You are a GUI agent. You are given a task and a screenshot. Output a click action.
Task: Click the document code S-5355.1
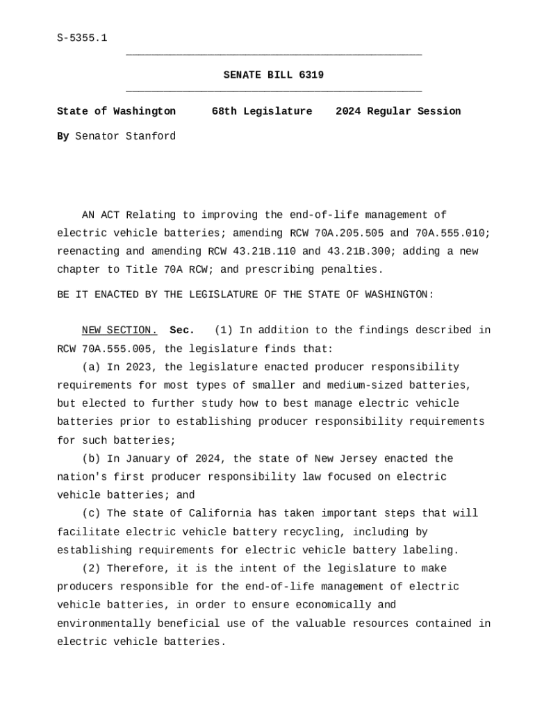82,38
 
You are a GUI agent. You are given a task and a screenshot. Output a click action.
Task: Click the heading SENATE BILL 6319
273,75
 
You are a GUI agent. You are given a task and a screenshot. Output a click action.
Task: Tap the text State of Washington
116,111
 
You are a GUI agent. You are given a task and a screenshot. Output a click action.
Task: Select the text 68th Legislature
262,111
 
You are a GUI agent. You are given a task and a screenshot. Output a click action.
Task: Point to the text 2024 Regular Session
398,111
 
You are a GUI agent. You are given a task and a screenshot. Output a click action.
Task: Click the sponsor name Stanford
151,136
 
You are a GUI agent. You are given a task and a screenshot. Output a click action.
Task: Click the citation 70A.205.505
349,233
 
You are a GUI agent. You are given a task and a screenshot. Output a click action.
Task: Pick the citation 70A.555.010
453,233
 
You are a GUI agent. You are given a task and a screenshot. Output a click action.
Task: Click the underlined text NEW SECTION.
120,331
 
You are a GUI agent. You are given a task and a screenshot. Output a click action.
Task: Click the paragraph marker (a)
91,367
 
